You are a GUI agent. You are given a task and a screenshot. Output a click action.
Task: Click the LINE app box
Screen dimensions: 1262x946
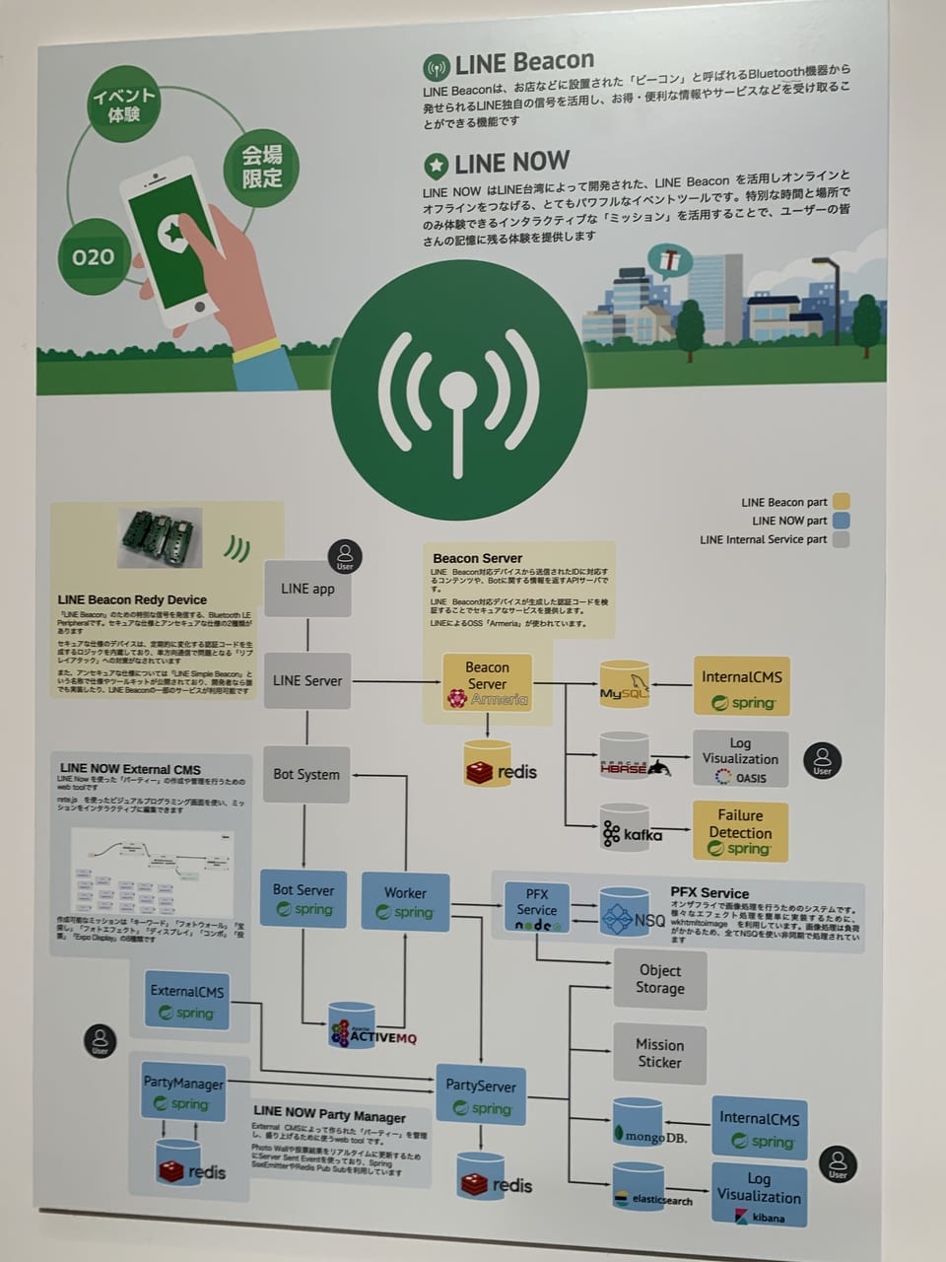(307, 589)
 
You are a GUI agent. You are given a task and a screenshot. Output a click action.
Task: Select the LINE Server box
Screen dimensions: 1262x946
(307, 680)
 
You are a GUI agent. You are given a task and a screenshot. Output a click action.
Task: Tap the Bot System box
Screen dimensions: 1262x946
(306, 774)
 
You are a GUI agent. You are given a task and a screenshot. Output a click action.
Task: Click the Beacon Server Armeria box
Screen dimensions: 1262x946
(487, 682)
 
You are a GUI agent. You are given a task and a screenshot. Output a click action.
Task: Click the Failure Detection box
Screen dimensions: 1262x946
(740, 831)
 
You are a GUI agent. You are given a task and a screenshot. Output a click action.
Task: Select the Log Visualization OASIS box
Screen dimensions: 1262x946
(740, 759)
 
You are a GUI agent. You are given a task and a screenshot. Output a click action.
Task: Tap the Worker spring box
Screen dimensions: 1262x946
(405, 901)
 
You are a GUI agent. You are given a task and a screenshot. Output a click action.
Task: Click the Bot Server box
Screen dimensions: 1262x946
(304, 899)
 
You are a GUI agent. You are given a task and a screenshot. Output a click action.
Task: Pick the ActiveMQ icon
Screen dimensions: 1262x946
(352, 1025)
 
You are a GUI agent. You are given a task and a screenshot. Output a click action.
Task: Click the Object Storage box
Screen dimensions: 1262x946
(659, 979)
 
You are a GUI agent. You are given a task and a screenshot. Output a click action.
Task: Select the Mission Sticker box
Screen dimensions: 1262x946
(659, 1053)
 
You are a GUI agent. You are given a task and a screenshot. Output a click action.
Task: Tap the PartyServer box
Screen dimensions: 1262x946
(481, 1095)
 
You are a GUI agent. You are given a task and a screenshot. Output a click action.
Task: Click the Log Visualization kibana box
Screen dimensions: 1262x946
(759, 1196)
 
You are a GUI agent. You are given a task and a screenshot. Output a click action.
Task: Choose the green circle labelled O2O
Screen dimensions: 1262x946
(94, 257)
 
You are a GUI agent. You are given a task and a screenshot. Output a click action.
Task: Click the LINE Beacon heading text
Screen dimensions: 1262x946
(523, 63)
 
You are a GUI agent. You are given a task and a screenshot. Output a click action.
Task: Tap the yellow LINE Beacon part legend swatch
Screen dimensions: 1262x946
(841, 501)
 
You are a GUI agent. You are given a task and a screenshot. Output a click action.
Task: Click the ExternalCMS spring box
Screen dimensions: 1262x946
(187, 1001)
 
